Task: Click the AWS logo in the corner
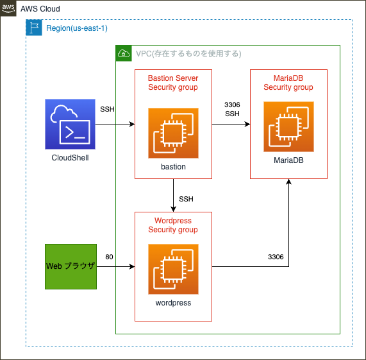tap(8, 8)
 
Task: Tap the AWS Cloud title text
tap(40, 9)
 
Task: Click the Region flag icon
tap(34, 28)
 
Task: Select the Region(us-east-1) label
tap(77, 28)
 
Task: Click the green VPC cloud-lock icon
tap(124, 53)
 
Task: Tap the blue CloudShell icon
tap(70, 124)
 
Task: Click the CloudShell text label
tap(70, 158)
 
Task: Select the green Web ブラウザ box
tap(71, 266)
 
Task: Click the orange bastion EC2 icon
tap(174, 133)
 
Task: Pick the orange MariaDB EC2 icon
tap(288, 126)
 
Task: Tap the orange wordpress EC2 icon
tap(174, 269)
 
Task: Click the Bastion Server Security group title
tap(173, 83)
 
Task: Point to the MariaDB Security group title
tap(288, 83)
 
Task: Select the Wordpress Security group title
tap(173, 225)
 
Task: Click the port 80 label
tap(109, 257)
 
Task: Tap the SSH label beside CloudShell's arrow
tap(108, 109)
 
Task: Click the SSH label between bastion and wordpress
tap(187, 199)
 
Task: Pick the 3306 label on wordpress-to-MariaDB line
tap(276, 257)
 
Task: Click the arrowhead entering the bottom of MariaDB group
tap(288, 182)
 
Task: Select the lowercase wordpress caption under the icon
tap(174, 303)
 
